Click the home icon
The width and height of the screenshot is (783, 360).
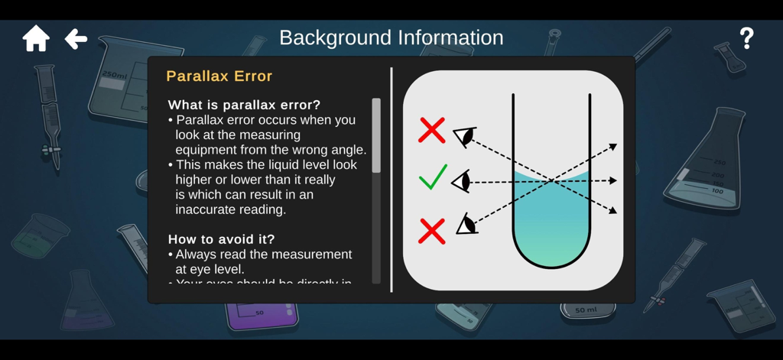[36, 38]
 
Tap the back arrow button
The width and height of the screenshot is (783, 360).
[76, 38]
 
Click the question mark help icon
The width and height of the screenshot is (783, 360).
[746, 38]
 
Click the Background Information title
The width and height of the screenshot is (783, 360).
[391, 37]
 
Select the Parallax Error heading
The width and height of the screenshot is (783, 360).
[219, 76]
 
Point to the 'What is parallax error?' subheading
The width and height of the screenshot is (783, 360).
[244, 105]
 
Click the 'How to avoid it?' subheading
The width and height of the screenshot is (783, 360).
[221, 238]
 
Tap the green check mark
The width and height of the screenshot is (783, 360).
[432, 178]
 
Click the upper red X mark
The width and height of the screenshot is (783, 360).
[432, 130]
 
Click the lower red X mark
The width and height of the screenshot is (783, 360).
[432, 230]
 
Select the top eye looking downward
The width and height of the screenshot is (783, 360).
[465, 136]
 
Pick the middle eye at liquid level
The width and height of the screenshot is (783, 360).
[461, 181]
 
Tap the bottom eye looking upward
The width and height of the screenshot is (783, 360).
[466, 224]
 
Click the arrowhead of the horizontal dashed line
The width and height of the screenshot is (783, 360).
[612, 181]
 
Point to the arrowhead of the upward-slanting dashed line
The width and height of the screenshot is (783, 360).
[612, 147]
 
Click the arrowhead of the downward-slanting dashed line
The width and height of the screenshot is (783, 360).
[612, 210]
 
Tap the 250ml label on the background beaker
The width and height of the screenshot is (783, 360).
[114, 75]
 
